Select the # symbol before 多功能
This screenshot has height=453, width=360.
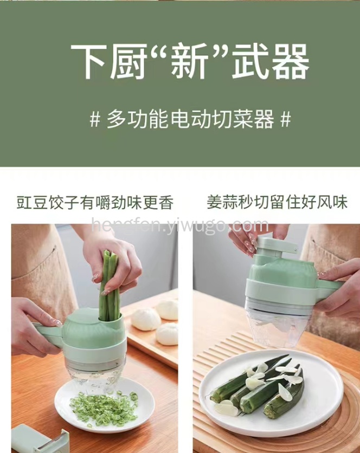[x=95, y=119]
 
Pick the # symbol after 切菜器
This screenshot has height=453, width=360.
[x=285, y=119]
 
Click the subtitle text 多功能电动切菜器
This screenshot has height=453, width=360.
[x=190, y=119]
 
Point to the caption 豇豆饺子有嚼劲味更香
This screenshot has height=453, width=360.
[x=95, y=202]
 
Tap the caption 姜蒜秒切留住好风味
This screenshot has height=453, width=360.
[x=277, y=202]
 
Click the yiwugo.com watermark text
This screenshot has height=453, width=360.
[x=180, y=225]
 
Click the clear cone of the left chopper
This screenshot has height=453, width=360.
[x=98, y=376]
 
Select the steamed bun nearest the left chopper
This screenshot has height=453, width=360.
[x=146, y=319]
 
